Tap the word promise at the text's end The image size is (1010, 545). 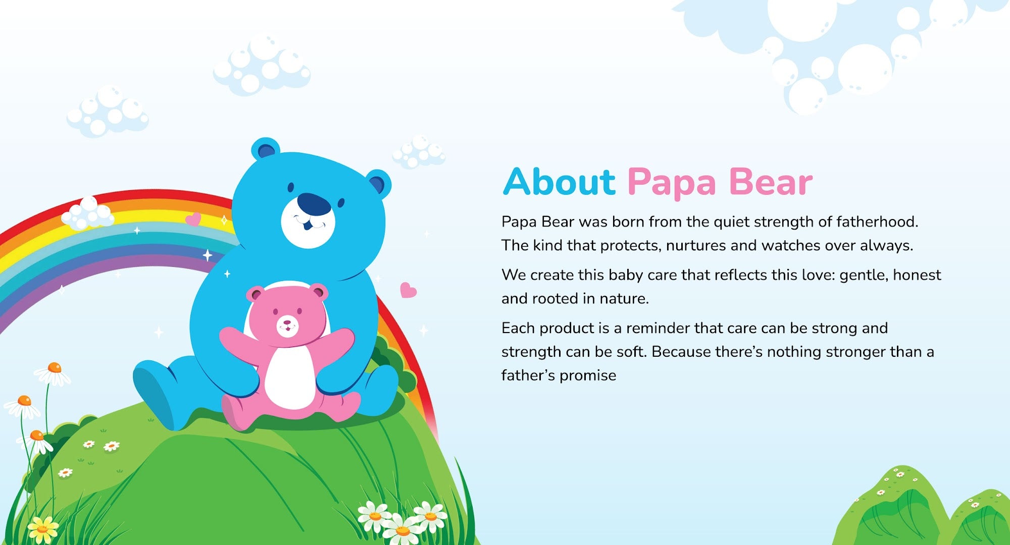[588, 376]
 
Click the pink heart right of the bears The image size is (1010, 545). [408, 290]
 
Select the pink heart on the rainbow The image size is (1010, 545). [193, 220]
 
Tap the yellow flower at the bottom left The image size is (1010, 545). [42, 529]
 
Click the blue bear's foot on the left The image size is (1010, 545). [157, 396]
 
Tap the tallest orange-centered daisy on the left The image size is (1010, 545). [53, 373]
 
